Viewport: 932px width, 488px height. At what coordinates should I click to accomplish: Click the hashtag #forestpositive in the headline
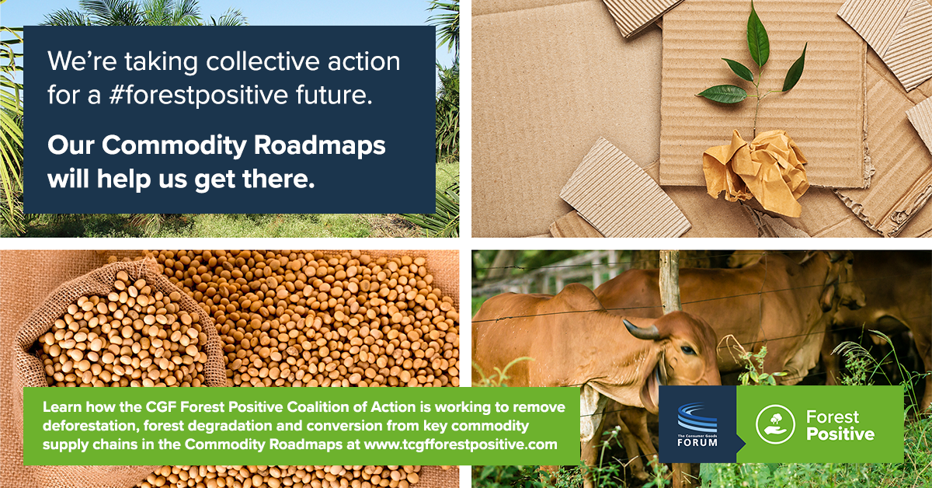198,96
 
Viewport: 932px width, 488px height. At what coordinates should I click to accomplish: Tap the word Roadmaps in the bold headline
319,145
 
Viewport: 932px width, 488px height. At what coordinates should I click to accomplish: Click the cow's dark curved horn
642,329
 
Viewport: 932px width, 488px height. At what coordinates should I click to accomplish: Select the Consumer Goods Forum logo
697,424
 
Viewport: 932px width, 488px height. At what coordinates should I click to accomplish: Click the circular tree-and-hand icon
776,424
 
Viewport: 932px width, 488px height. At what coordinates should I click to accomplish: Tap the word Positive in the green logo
840,434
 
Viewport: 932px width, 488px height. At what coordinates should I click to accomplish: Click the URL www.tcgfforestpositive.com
461,444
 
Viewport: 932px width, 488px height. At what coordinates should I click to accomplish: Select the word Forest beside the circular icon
832,417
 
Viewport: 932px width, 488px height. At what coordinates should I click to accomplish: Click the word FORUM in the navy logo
697,442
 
